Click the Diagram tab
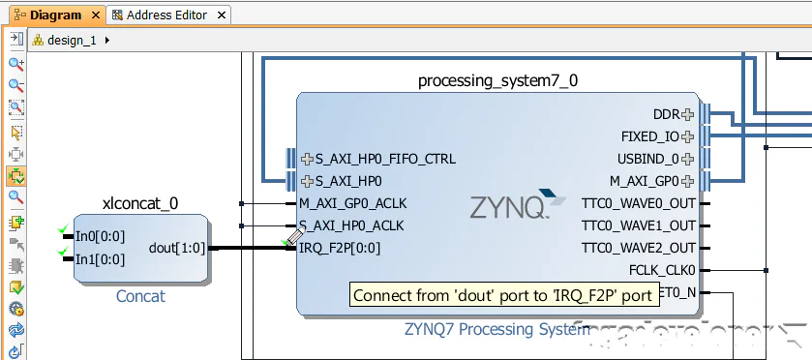[55, 15]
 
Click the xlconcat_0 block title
[140, 203]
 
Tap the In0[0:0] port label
[100, 236]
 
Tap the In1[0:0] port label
[100, 258]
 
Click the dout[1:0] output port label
[177, 248]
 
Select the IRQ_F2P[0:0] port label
[339, 248]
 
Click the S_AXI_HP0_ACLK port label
[350, 225]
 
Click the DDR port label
[666, 114]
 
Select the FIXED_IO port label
[650, 136]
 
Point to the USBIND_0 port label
[647, 159]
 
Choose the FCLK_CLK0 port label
[661, 270]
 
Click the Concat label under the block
[140, 296]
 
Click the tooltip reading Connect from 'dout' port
[502, 296]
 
